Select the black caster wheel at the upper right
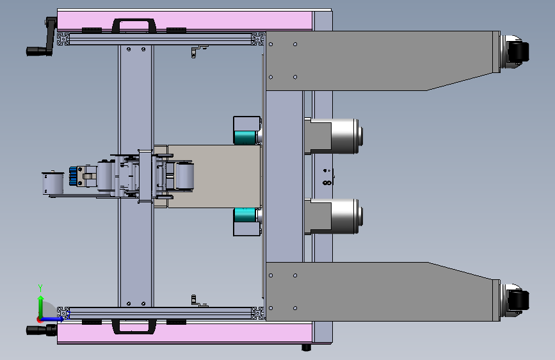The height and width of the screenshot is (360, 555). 518,52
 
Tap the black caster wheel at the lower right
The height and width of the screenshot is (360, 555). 518,300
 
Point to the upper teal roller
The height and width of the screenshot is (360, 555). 245,138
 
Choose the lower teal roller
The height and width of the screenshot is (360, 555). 245,215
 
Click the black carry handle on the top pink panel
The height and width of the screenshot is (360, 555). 134,25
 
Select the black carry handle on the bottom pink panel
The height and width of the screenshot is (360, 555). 134,326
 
